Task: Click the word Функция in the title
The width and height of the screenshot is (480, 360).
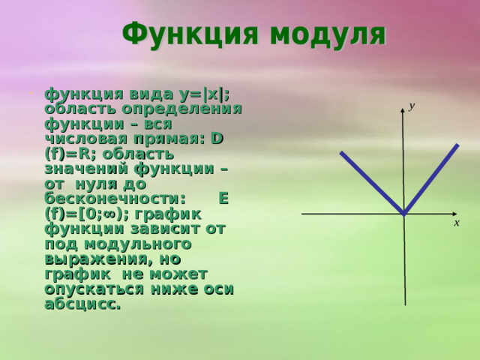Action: pos(187,34)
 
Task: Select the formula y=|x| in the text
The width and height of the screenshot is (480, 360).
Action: pos(201,94)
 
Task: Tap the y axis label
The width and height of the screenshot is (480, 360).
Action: pos(411,107)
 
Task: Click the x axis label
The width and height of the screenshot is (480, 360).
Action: pos(456,223)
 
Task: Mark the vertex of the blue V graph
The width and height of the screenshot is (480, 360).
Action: pos(403,214)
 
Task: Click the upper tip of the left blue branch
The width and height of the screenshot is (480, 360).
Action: pos(342,153)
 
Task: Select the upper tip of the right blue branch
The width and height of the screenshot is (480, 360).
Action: pos(456,145)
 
